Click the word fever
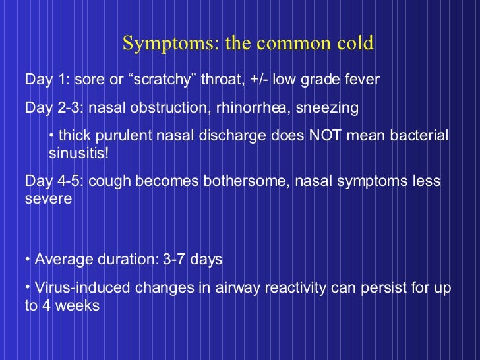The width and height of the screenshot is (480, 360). pyautogui.click(x=361, y=80)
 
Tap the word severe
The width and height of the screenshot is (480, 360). pyautogui.click(x=48, y=198)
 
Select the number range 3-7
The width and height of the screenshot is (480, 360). pyautogui.click(x=172, y=260)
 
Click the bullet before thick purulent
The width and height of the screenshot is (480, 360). pyautogui.click(x=52, y=136)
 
